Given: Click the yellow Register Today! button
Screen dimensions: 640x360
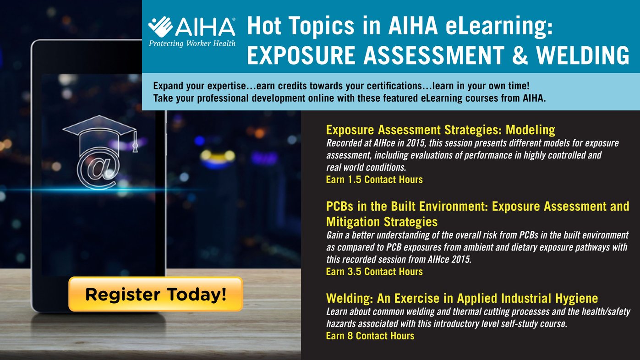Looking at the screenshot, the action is pyautogui.click(x=156, y=294).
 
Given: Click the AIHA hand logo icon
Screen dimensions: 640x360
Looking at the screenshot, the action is pyautogui.click(x=160, y=27).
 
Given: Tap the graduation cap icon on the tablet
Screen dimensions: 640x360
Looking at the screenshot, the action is pyautogui.click(x=100, y=134).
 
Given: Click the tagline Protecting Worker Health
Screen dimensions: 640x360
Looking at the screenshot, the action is pyautogui.click(x=192, y=44).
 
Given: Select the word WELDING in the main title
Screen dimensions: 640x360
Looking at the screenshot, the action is pyautogui.click(x=583, y=55).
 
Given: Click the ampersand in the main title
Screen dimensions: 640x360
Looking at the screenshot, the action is pyautogui.click(x=520, y=55).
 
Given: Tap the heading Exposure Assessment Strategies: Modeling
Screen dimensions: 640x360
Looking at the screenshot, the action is pyautogui.click(x=441, y=130).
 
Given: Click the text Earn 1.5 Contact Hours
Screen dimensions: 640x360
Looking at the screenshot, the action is pyautogui.click(x=374, y=180).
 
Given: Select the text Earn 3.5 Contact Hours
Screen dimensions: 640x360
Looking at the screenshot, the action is pyautogui.click(x=374, y=272).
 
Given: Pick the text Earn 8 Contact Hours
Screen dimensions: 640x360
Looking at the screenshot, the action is pyautogui.click(x=370, y=336).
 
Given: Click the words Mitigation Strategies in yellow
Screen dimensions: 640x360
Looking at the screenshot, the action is pyautogui.click(x=382, y=222).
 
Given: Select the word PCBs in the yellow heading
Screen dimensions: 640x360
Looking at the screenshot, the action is pyautogui.click(x=339, y=206).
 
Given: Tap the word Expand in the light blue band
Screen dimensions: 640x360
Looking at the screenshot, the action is pyautogui.click(x=168, y=86).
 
